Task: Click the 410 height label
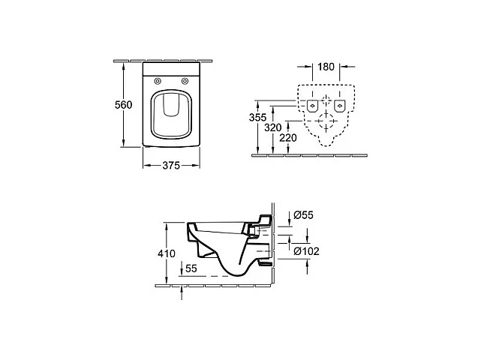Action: (x=167, y=253)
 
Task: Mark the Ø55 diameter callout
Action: (x=302, y=214)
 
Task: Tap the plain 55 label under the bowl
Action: (x=191, y=267)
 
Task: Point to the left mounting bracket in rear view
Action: (x=311, y=105)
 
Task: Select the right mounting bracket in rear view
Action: (x=339, y=105)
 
